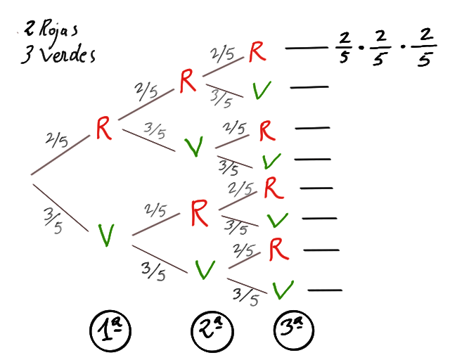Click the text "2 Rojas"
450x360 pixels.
(50, 32)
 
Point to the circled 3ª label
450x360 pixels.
(292, 329)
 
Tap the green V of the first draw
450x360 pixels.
(106, 236)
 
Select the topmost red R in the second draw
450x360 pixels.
(188, 82)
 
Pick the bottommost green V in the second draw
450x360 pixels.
(205, 269)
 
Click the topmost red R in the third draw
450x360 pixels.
(258, 51)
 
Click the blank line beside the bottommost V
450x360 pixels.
(325, 290)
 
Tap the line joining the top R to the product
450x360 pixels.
(302, 49)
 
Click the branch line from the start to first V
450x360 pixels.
(60, 206)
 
